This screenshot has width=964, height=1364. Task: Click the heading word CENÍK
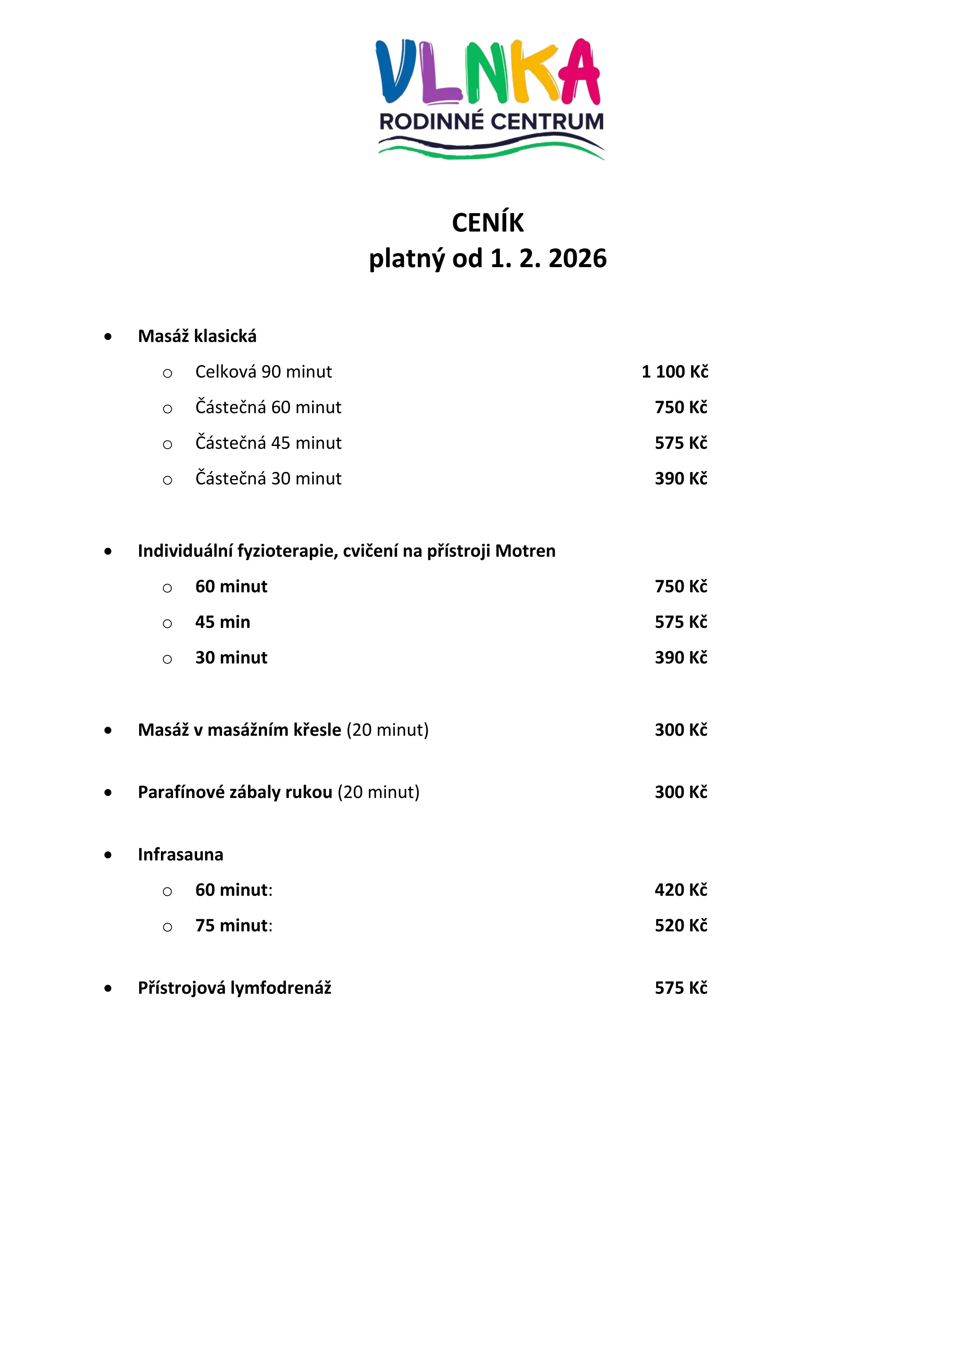[x=488, y=223]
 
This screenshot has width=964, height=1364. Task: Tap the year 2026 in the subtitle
[x=577, y=259]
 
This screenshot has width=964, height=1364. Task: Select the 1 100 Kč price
[x=675, y=372]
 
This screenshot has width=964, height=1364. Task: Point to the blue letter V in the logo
[x=396, y=71]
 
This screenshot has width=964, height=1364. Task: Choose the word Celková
[x=226, y=372]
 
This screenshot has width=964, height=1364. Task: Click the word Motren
[x=525, y=551]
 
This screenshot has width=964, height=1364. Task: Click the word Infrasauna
[x=181, y=855]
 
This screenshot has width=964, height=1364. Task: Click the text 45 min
[x=223, y=622]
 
